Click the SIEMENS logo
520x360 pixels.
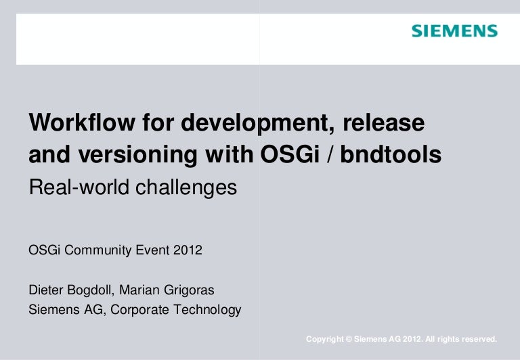pos(454,31)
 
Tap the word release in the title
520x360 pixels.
pos(384,124)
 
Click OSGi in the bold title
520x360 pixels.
pos(285,156)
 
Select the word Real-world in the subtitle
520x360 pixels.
pos(72,187)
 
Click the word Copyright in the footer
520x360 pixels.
pos(324,338)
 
